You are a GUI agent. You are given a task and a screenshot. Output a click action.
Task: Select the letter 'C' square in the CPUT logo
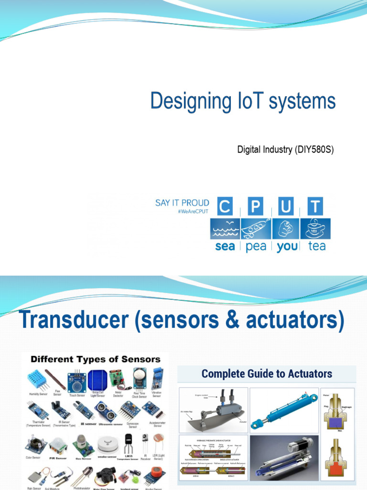click(x=225, y=207)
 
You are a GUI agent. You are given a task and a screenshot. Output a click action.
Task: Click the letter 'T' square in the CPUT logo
click(x=315, y=207)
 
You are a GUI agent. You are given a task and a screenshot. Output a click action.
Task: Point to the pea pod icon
click(x=256, y=229)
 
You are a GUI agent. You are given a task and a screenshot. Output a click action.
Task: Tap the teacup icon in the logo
click(x=316, y=228)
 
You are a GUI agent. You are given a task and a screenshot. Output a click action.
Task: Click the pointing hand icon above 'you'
click(x=286, y=228)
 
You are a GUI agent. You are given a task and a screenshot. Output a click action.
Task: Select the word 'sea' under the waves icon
click(x=225, y=246)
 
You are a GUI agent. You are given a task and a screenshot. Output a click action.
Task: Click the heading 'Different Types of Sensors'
click(x=96, y=359)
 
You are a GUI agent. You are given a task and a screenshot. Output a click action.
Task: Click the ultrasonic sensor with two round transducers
click(x=105, y=411)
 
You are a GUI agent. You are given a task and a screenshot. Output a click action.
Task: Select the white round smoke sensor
click(x=107, y=445)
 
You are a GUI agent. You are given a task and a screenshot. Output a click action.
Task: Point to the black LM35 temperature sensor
click(x=129, y=444)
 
